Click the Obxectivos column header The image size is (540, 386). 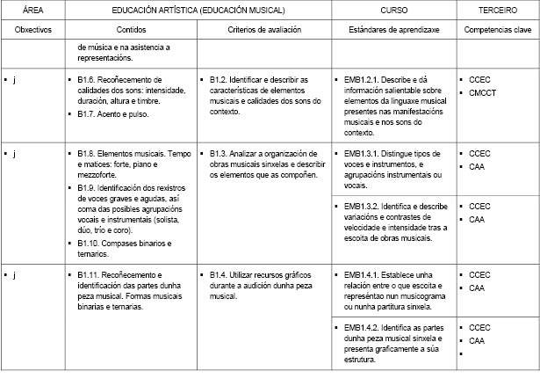33,29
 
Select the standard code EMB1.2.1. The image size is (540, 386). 367,79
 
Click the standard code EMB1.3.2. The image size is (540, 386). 367,206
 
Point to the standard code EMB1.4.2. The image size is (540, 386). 367,327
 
